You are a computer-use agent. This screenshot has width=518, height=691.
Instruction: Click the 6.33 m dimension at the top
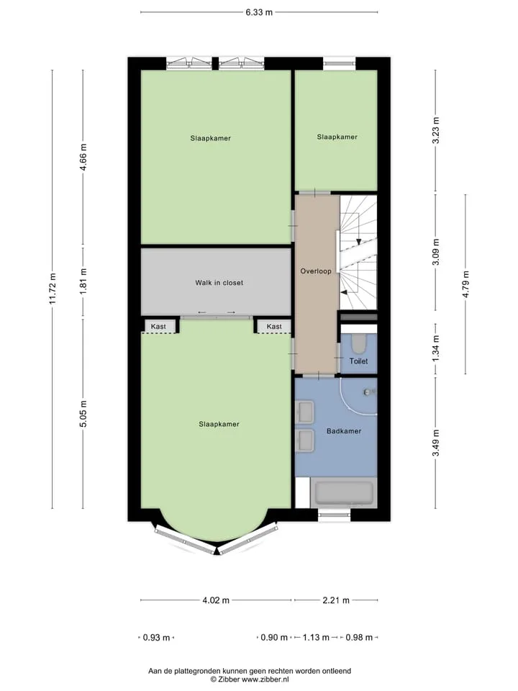[259, 12]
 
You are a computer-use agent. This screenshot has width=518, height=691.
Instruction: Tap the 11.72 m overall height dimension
[53, 289]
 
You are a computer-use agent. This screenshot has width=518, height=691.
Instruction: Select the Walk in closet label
[219, 283]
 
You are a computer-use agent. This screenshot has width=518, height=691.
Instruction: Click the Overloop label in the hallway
[316, 271]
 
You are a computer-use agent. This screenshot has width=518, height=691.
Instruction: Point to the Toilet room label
[358, 361]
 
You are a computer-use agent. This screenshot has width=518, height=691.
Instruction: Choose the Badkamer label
[344, 431]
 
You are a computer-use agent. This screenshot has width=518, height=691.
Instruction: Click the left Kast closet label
[158, 327]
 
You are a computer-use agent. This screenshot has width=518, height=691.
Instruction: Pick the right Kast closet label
[274, 327]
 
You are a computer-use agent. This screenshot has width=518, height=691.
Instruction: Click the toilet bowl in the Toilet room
[359, 343]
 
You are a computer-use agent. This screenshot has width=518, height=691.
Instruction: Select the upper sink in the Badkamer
[304, 411]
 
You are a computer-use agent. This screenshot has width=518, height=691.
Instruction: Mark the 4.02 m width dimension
[216, 600]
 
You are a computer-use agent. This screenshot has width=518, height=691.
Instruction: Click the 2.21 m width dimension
[336, 600]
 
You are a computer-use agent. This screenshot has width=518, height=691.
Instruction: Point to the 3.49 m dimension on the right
[436, 443]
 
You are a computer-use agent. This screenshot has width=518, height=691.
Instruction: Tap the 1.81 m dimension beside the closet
[83, 280]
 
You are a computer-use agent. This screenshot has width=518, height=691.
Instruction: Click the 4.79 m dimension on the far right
[466, 284]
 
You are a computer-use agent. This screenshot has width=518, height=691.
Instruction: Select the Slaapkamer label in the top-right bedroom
[337, 137]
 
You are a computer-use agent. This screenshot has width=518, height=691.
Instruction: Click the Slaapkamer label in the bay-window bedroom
[219, 424]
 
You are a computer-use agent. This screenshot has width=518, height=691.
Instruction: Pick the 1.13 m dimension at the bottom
[316, 637]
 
